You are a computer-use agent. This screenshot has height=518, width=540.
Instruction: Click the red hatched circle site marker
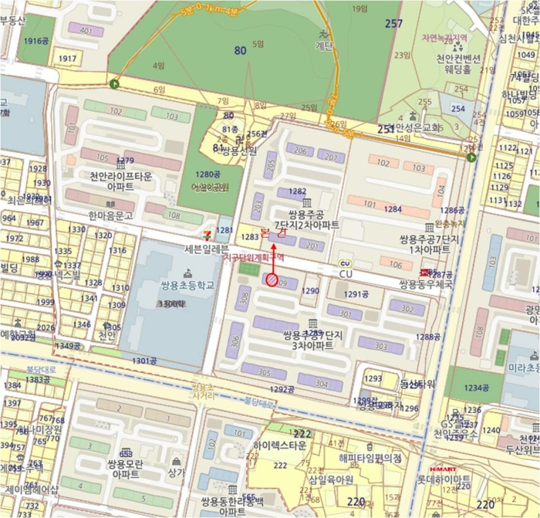click(272, 281)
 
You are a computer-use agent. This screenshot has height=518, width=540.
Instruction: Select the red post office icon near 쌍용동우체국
click(423, 273)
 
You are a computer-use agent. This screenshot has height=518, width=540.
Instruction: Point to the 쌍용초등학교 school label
click(187, 285)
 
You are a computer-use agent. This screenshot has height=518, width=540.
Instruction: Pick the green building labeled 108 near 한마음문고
click(173, 215)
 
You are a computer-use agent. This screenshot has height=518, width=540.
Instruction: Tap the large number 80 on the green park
click(240, 51)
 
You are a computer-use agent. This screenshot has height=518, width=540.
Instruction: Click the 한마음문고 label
click(110, 216)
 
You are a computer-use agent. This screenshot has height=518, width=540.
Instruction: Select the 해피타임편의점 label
click(370, 458)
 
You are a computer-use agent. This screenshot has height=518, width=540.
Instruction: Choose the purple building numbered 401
click(86, 30)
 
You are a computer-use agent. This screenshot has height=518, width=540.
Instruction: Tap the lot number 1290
click(310, 291)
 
